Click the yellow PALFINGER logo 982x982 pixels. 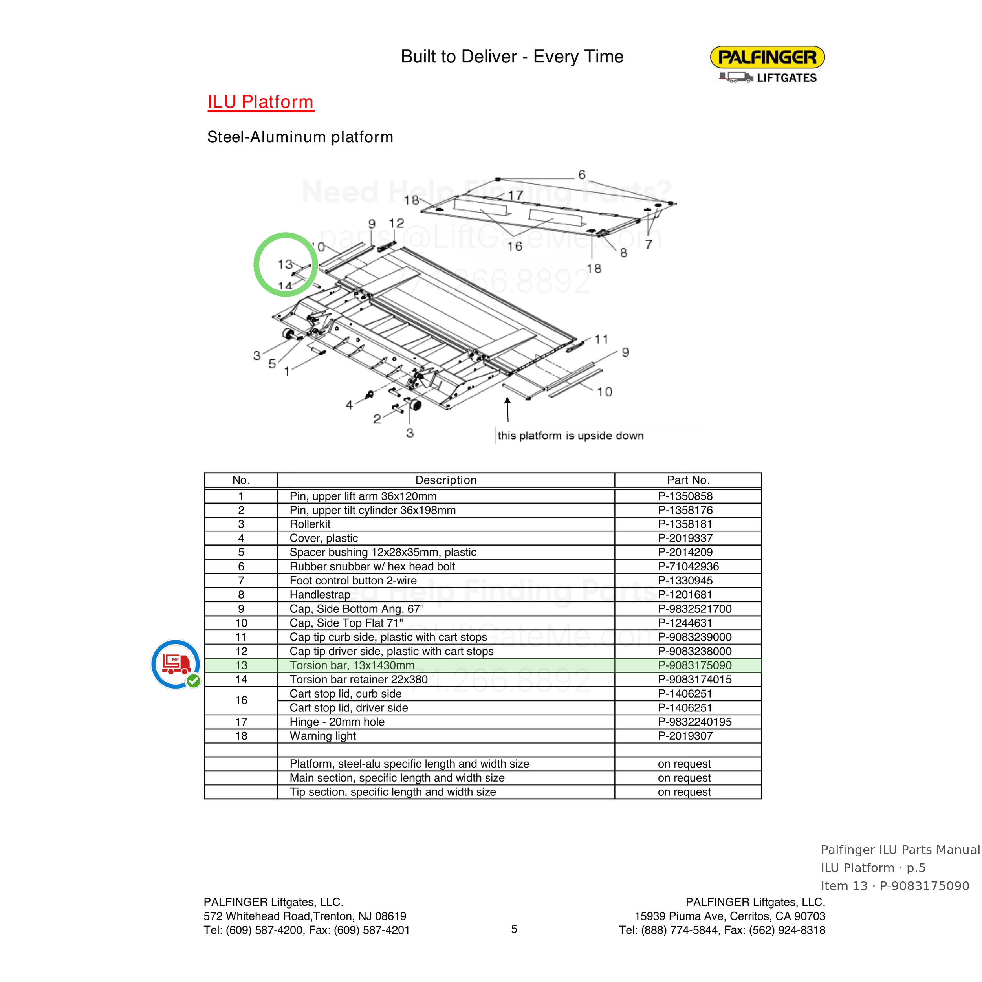[767, 57]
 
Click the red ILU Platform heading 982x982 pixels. [261, 102]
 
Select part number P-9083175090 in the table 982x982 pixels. [694, 665]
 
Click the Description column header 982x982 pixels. [446, 480]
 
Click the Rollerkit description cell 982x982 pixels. [310, 524]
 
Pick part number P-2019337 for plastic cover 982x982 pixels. [685, 538]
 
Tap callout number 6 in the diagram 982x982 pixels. [582, 175]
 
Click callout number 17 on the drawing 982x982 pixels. [515, 195]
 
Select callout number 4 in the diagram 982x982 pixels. [349, 405]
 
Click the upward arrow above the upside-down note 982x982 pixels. [507, 410]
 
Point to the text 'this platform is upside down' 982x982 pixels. [570, 436]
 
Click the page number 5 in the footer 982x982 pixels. [514, 929]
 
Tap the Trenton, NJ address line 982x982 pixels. [305, 916]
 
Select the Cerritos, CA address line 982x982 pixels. [730, 916]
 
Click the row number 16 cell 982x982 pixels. [241, 700]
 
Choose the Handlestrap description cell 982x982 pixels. [320, 595]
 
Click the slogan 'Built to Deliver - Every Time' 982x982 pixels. [512, 57]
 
